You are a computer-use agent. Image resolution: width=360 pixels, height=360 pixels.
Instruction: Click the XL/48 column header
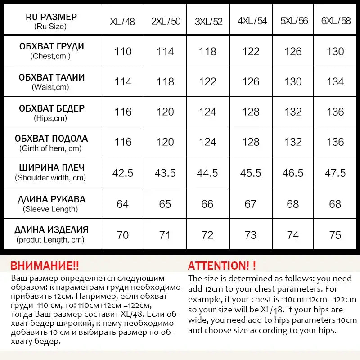point(122,21)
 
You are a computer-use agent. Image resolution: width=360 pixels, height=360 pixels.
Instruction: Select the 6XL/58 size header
point(336,21)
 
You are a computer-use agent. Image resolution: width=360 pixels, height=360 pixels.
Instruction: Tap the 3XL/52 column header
point(208,21)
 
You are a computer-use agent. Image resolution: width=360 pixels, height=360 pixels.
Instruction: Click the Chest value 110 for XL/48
point(123,51)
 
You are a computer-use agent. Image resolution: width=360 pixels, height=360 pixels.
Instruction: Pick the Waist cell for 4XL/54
point(251,82)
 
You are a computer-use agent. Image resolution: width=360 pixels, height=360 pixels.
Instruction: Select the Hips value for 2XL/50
point(165,112)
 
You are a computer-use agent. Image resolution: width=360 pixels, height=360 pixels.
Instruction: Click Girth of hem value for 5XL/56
point(293,142)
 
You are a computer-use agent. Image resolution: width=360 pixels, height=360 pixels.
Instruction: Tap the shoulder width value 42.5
point(123,173)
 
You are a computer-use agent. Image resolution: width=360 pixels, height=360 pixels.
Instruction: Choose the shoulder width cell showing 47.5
point(335,173)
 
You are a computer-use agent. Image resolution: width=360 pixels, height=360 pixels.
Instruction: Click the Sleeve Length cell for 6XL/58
point(335,204)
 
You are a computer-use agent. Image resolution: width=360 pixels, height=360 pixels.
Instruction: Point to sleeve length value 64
point(123,204)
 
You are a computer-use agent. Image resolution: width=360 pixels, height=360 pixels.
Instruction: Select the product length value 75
point(335,235)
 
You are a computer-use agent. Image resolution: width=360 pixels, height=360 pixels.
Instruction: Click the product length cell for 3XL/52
point(207,235)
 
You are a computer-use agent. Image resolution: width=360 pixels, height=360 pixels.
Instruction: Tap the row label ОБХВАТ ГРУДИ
point(51,50)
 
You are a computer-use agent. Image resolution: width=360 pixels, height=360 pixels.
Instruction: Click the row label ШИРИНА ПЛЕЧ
point(51,172)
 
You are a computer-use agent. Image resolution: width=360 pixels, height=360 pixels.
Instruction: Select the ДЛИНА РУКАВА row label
point(51,203)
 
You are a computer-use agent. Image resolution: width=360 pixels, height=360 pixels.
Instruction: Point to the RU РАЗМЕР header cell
point(51,21)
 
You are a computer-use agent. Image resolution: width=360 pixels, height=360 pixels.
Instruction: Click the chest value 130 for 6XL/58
point(335,51)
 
